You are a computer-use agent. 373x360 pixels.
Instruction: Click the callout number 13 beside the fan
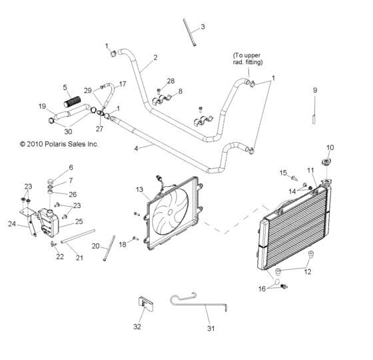139,190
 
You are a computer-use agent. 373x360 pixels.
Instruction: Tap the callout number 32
137,327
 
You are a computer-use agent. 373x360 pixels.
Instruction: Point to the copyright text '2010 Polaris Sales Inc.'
59,143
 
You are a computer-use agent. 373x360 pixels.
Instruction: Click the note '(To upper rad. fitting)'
248,59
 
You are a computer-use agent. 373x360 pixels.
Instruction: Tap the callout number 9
316,89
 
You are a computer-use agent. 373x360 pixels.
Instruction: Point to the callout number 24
11,224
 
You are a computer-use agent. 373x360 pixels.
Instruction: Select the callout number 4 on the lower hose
137,148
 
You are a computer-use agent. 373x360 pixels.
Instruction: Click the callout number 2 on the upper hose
155,58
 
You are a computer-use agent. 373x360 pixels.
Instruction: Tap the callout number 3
203,27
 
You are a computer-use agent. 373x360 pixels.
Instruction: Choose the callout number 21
79,258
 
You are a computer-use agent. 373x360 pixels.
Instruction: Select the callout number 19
42,106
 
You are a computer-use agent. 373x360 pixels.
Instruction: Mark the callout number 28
171,81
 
